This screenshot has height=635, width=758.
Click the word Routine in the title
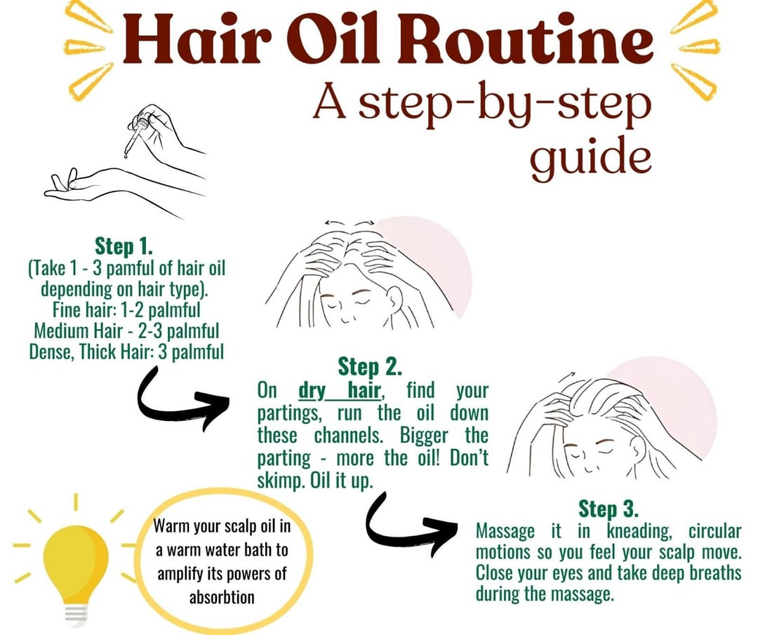coord(533,39)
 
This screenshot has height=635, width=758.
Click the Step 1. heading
coord(124,246)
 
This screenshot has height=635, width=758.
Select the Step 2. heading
coord(370,367)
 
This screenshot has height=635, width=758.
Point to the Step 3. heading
coord(608,509)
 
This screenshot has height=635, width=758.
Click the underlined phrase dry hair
coord(340,390)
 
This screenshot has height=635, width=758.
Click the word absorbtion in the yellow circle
coord(222,597)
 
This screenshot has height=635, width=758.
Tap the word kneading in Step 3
coord(639,532)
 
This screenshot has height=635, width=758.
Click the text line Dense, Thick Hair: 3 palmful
coord(126,352)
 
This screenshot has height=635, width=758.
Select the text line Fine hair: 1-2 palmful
coord(126,309)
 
